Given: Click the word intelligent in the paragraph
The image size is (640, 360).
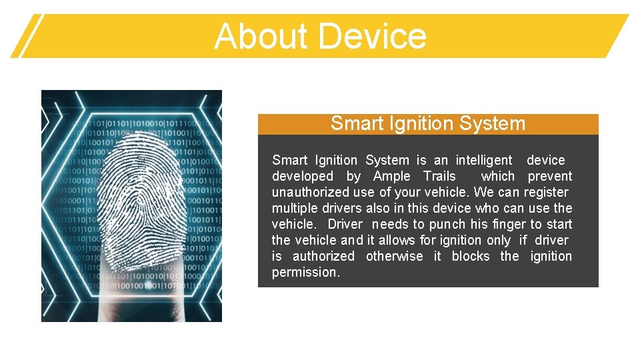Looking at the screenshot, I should tap(484, 160).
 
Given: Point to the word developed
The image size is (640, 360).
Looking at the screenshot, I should tap(303, 176).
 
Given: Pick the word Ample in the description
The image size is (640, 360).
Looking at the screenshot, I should tap(392, 176).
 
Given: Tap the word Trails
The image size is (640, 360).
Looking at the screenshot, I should tap(439, 176).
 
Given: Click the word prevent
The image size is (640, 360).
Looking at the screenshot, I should tap(549, 176).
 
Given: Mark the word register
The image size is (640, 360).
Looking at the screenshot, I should tap(546, 192).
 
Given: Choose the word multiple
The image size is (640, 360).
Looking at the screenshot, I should tap(293, 208).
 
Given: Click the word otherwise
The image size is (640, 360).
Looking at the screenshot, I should tap(394, 256).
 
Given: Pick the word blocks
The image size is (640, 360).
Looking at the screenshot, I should tap(471, 256).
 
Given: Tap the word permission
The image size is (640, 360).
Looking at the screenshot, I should tap(305, 272).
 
